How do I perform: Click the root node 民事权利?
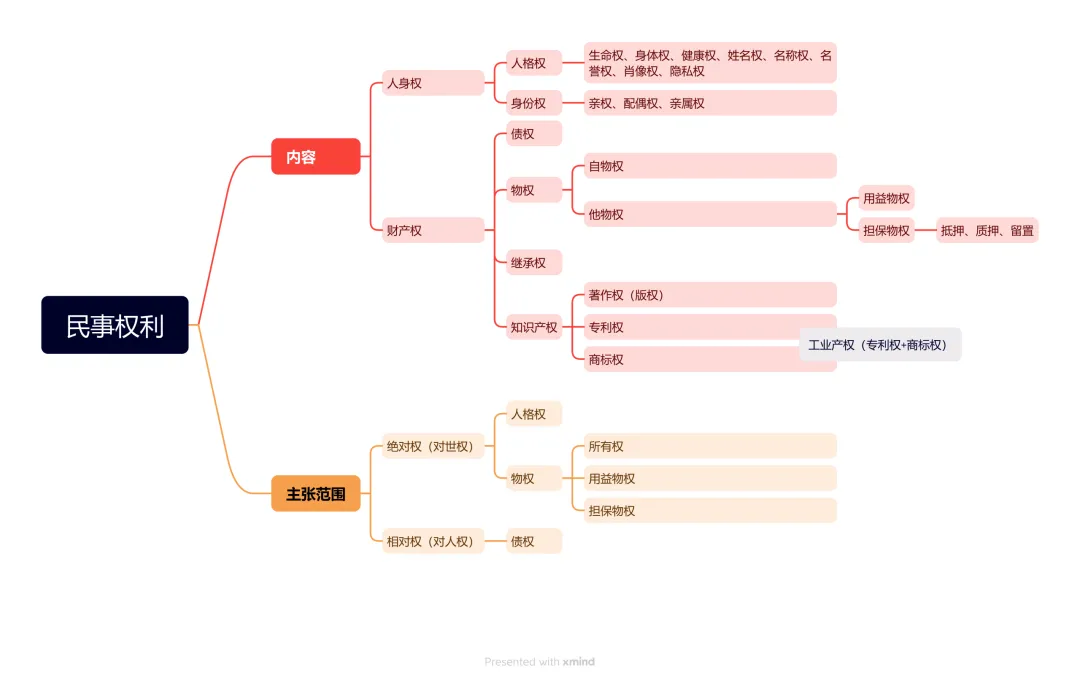click(115, 325)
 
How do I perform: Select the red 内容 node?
click(315, 157)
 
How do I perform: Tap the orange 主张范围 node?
click(315, 494)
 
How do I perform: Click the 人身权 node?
click(432, 83)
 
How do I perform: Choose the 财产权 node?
click(432, 231)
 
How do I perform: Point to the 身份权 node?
click(534, 103)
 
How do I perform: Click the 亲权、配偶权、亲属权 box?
click(710, 103)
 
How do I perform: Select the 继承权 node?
click(534, 263)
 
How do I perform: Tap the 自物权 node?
click(710, 166)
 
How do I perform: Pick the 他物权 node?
click(710, 214)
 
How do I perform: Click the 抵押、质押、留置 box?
click(987, 231)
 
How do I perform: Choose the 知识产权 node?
click(534, 327)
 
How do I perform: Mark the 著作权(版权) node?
click(710, 295)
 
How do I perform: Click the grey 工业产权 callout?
click(880, 345)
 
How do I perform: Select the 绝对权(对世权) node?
click(432, 446)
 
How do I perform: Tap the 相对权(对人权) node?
click(432, 542)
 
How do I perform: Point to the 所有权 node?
click(710, 446)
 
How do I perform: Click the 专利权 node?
click(690, 327)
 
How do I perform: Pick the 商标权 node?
click(690, 360)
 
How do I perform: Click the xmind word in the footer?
click(579, 662)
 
